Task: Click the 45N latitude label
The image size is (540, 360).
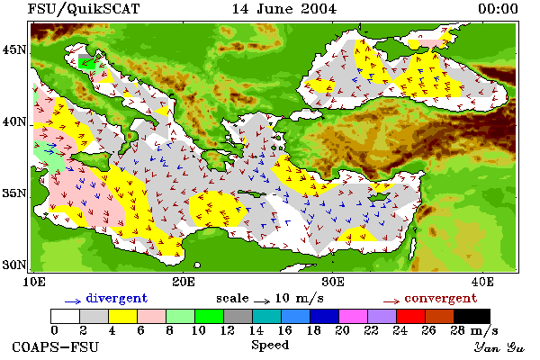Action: click(14, 50)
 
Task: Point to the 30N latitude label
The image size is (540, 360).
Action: click(14, 265)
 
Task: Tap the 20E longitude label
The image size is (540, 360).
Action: click(184, 282)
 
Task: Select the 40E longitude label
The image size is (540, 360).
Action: click(481, 282)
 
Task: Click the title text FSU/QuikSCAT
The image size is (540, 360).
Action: click(84, 9)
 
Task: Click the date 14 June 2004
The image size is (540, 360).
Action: click(284, 9)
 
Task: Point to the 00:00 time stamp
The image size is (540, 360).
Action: click(498, 9)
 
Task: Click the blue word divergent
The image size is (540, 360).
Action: click(117, 298)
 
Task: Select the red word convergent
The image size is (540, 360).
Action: click(441, 298)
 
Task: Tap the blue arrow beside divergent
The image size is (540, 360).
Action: click(73, 301)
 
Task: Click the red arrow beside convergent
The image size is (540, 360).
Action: click(391, 301)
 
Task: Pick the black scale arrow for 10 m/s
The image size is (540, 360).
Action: click(262, 301)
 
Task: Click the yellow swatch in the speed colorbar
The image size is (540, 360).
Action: click(123, 316)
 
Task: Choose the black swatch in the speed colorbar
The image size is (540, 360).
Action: click(472, 316)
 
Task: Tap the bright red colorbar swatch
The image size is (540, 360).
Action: click(411, 316)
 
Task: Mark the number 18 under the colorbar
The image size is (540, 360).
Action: click(313, 330)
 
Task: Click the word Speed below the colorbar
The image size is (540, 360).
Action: click(270, 346)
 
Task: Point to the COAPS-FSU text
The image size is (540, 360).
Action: click(56, 346)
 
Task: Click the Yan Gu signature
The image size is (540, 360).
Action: click(499, 347)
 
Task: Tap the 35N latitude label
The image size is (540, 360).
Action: click(14, 193)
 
